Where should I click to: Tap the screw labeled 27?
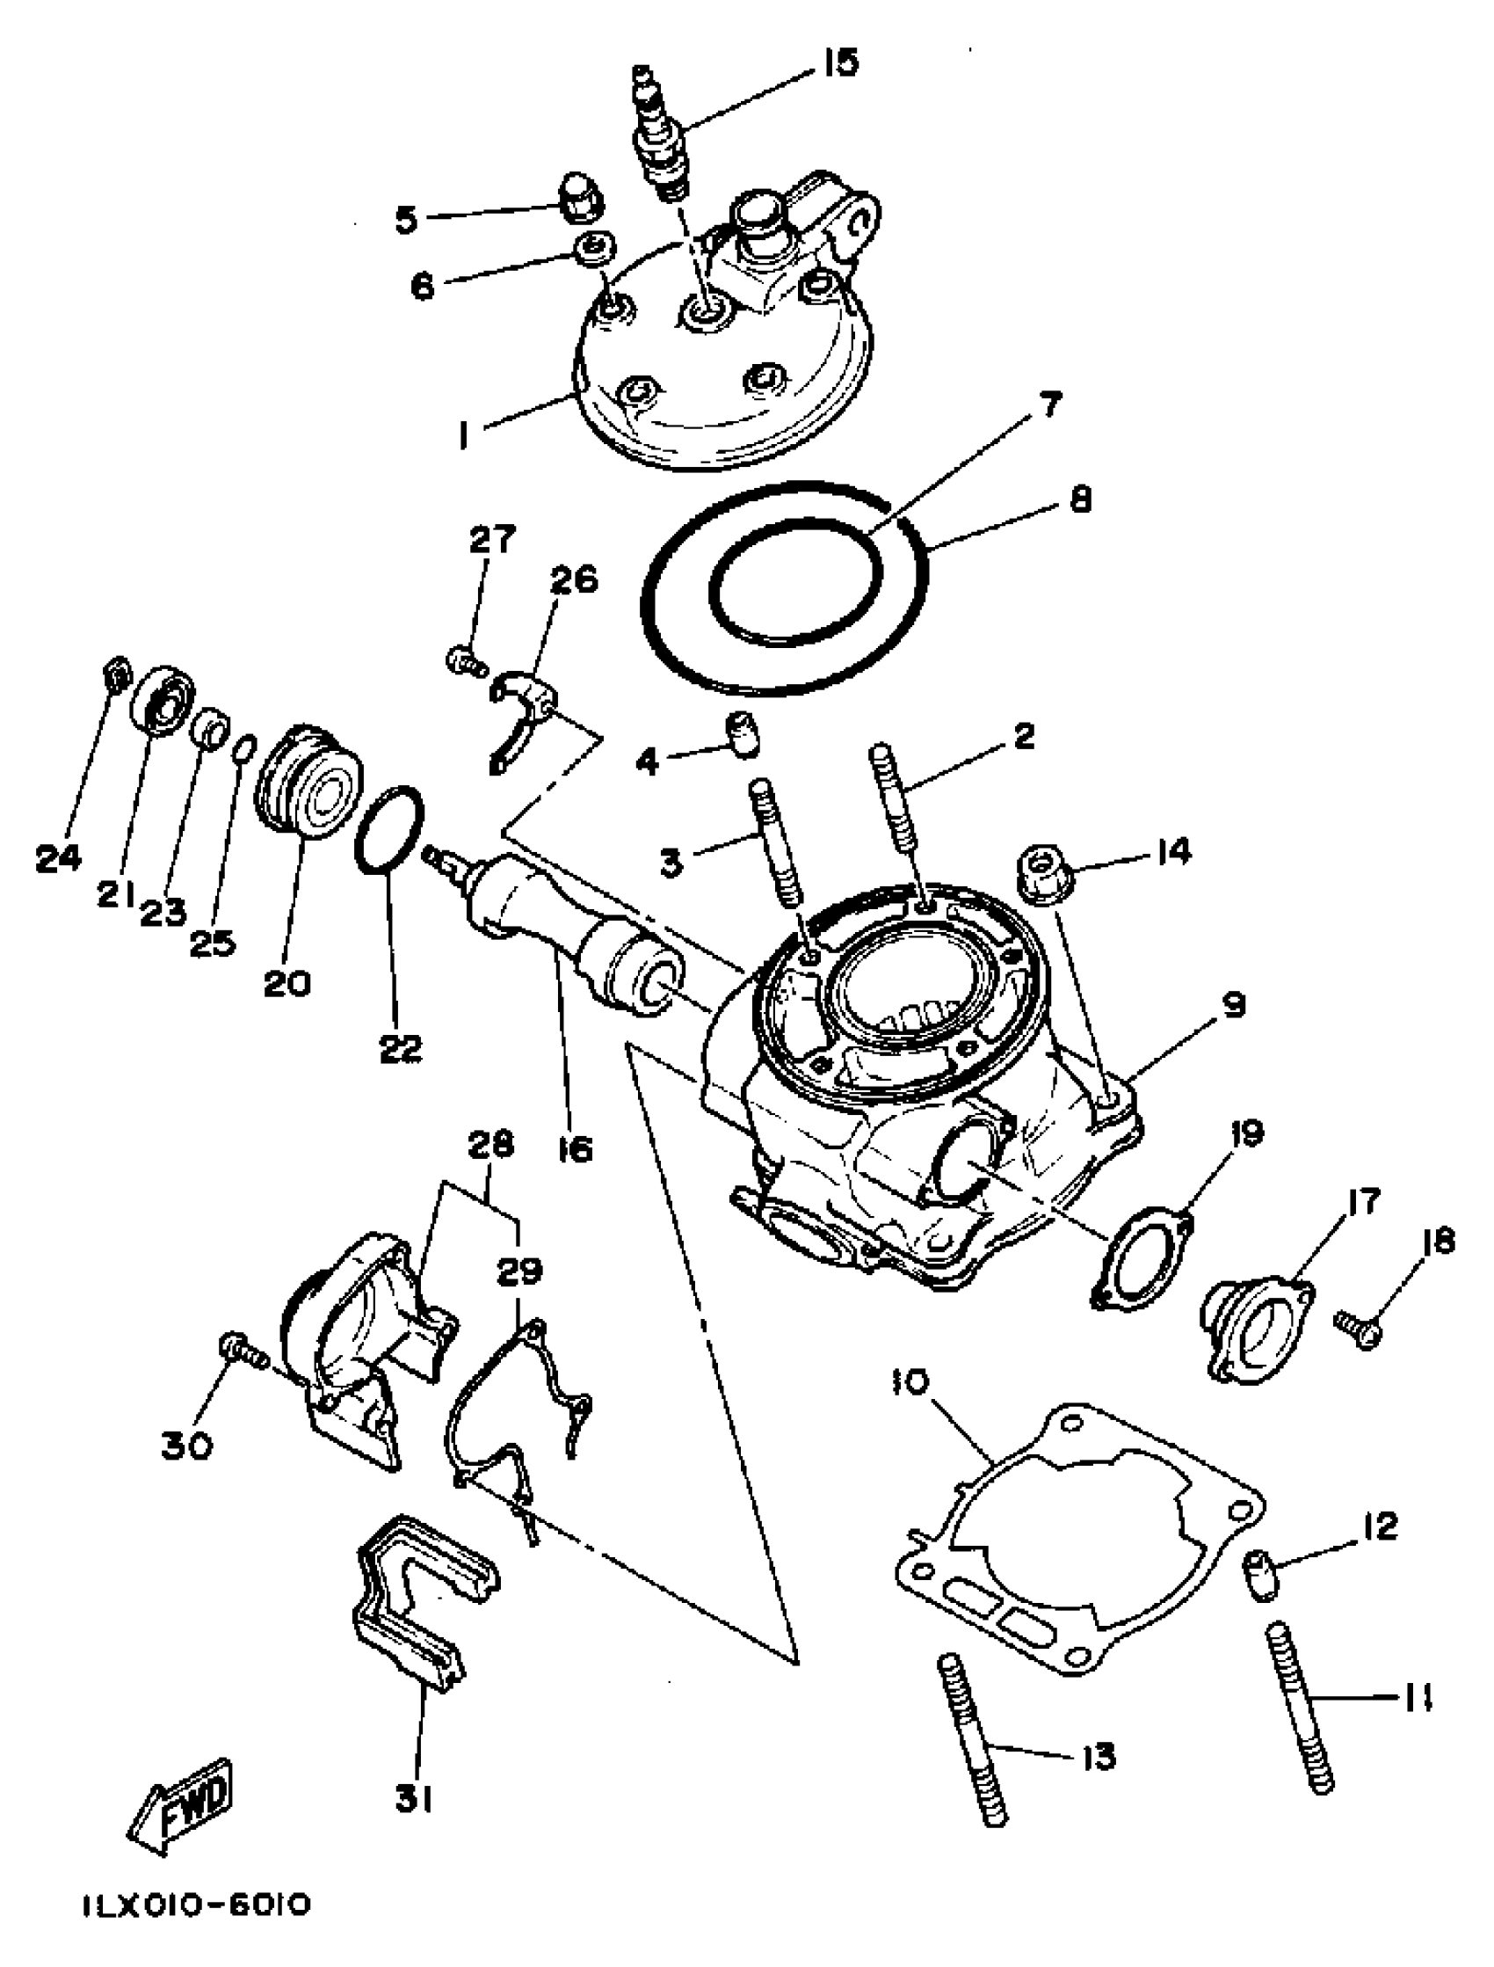tap(464, 660)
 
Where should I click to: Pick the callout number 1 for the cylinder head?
tap(462, 436)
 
